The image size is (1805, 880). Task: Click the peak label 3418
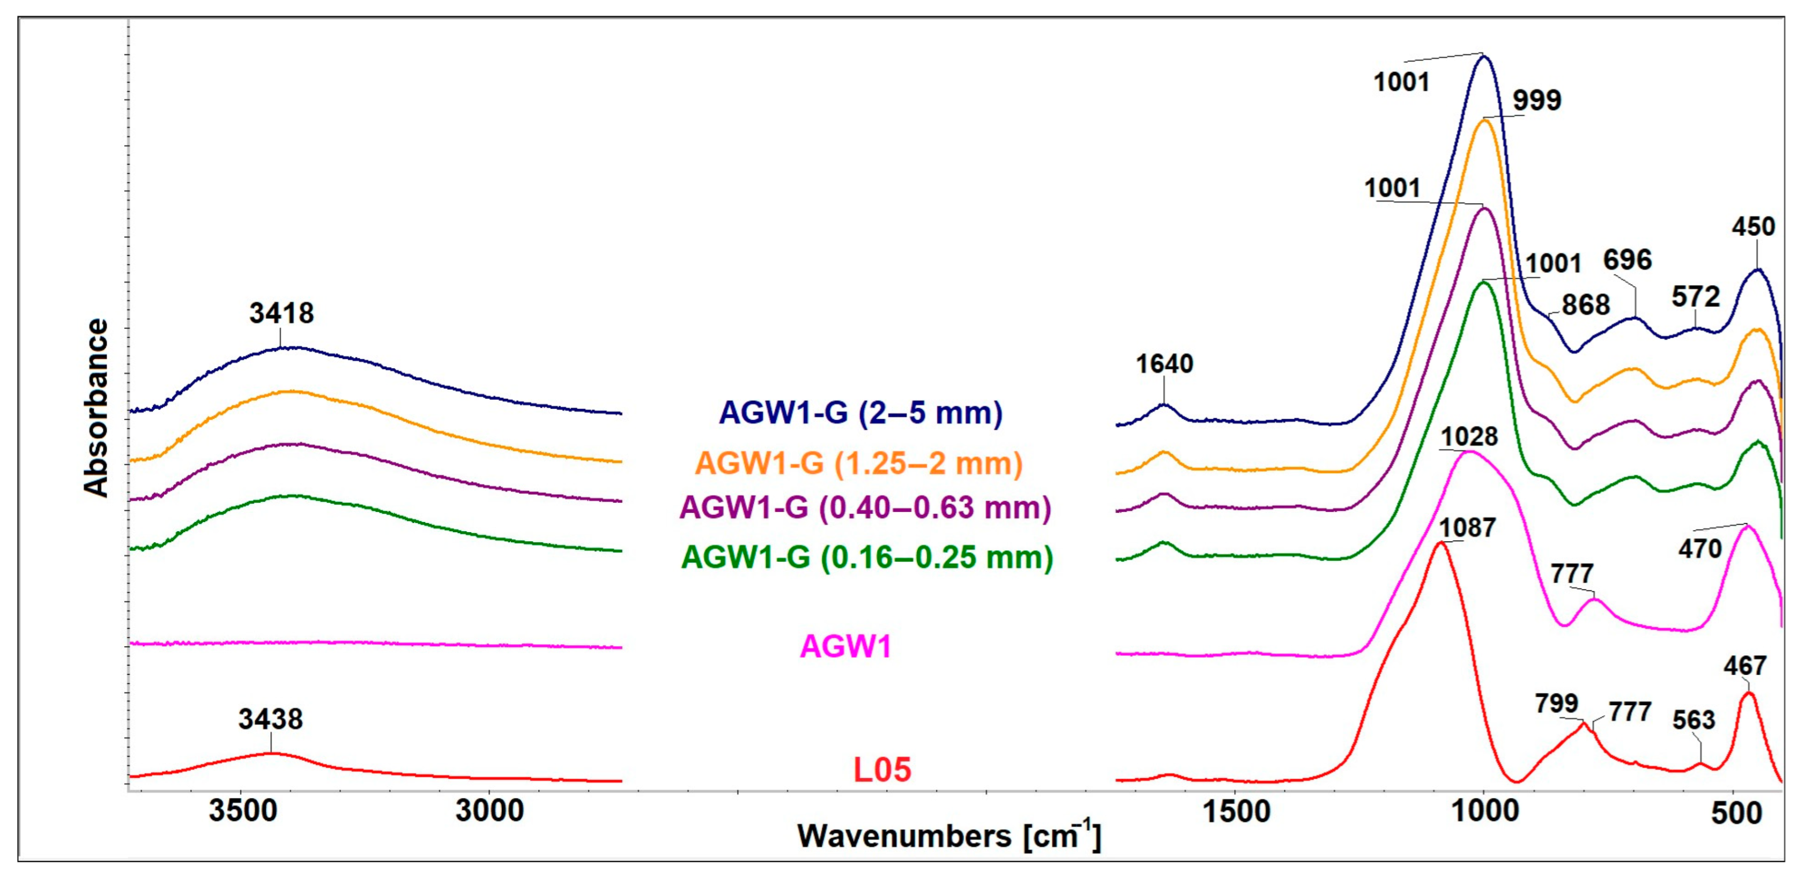click(281, 313)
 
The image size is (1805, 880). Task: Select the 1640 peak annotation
click(1164, 364)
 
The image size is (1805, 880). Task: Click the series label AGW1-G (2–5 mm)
click(861, 413)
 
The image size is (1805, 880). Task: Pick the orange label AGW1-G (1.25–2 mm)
click(858, 463)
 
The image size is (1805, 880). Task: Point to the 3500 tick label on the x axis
click(239, 811)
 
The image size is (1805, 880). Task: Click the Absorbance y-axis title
click(96, 408)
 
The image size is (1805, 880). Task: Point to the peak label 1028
click(1469, 436)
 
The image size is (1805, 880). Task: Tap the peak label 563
click(1693, 720)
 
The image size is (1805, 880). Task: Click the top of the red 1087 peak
click(1440, 543)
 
